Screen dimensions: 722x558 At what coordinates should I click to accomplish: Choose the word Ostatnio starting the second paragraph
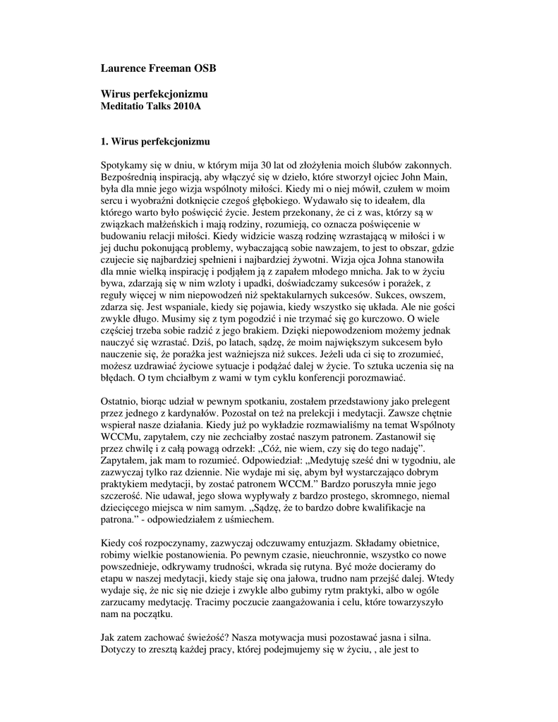[121, 401]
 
